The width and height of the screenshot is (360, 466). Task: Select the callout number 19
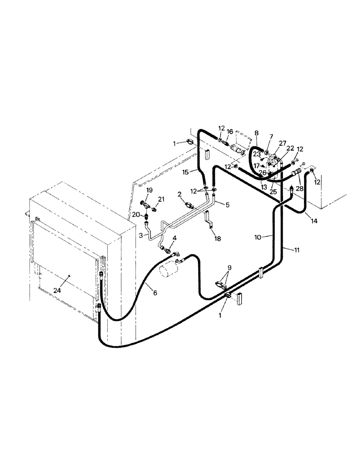pos(149,190)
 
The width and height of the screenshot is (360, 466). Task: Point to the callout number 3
pos(140,236)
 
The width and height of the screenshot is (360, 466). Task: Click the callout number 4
pos(174,238)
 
